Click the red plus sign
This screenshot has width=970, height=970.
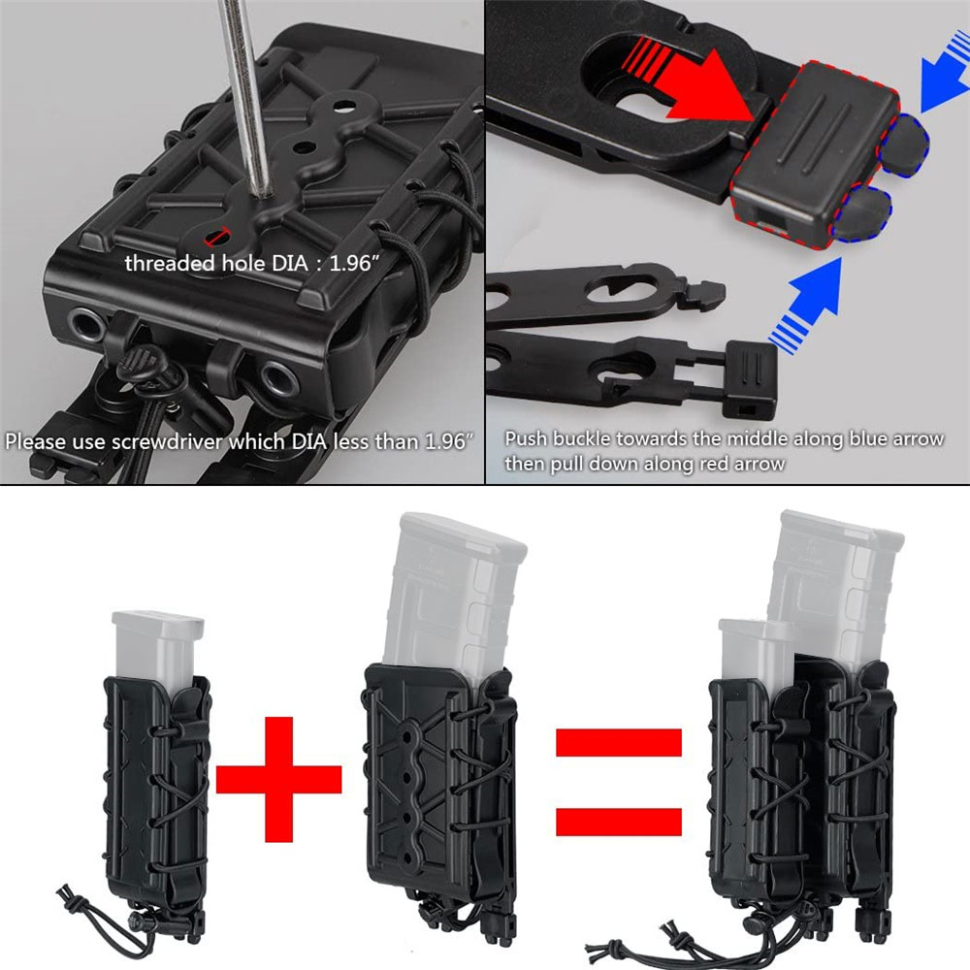pos(278,780)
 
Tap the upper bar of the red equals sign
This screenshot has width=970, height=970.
pos(619,742)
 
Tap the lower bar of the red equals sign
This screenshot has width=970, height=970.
pos(619,823)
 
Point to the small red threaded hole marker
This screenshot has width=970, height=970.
pos(216,236)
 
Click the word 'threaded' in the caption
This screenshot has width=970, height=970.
pos(170,264)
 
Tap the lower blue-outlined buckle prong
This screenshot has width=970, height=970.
pos(862,212)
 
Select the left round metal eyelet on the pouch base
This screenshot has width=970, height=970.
pos(87,325)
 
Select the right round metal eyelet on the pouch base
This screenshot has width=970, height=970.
pos(279,378)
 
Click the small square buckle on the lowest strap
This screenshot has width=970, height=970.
pos(751,379)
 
